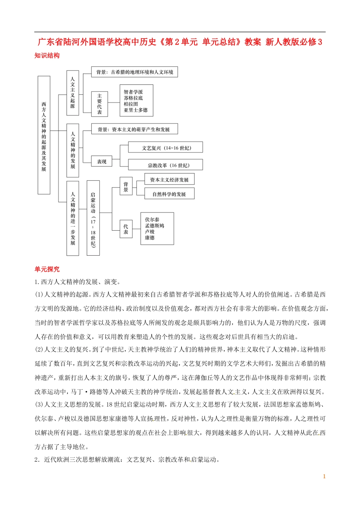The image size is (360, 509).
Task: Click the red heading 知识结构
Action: coord(47,55)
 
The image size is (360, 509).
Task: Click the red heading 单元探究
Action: coord(47,269)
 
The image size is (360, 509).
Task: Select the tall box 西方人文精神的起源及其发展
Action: coord(44,135)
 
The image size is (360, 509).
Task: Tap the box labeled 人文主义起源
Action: coord(72,93)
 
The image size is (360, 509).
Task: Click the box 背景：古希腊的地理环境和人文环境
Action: coord(135,72)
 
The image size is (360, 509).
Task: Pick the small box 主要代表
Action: coord(99,104)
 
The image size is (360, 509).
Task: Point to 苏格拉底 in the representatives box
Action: coord(133,98)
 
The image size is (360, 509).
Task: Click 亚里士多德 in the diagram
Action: coord(135,110)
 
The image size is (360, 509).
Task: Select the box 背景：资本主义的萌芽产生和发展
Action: coord(134,129)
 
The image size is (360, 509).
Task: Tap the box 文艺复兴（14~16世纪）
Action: coord(166,148)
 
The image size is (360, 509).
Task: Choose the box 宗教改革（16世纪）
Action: coord(166,165)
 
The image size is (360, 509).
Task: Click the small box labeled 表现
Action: coord(102,162)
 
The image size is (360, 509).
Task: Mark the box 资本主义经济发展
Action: coord(169,180)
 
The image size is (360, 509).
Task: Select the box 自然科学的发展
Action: coord(169,194)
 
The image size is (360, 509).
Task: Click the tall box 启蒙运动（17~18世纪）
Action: coord(93,218)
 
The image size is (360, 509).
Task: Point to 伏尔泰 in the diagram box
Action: coord(152,219)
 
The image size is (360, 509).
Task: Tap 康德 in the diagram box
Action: coord(150,237)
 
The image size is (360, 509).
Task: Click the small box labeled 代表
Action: coord(126,229)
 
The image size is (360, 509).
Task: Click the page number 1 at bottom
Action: coord(324,476)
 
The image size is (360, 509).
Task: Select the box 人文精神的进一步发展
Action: coord(72,218)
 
